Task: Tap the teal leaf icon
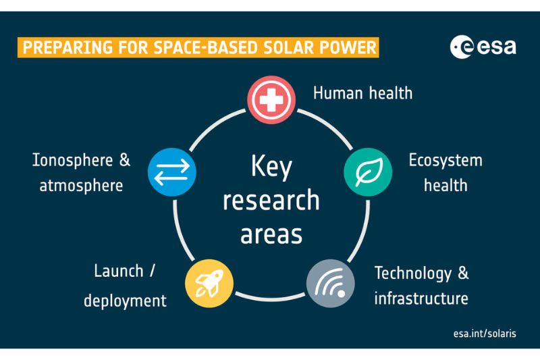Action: [x=368, y=172]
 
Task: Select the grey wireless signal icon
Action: [x=331, y=282]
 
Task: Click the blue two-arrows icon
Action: [x=172, y=172]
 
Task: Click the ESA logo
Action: [x=483, y=47]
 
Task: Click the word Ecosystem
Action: [x=446, y=161]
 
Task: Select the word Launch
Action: [x=117, y=272]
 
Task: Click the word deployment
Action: [x=125, y=300]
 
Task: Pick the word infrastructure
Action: [x=421, y=297]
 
